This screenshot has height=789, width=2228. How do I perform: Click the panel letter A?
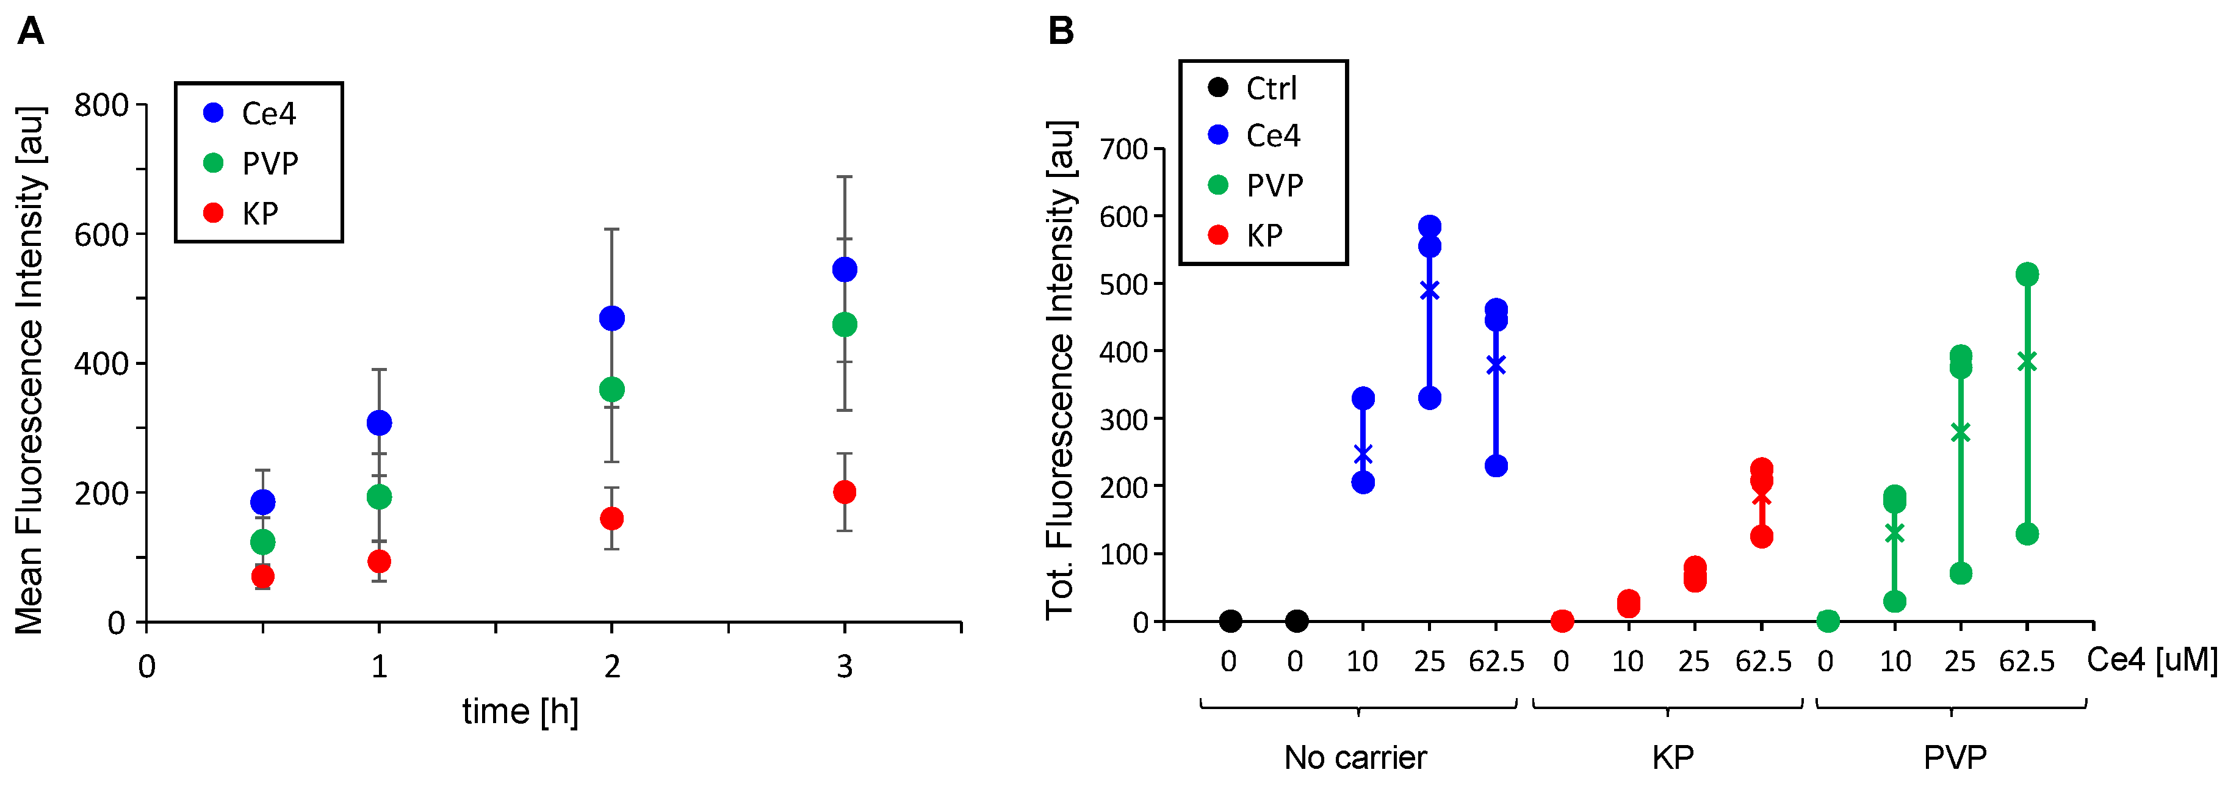tap(31, 32)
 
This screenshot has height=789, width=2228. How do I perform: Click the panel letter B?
tap(1061, 32)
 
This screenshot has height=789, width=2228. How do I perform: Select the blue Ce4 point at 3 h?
tap(844, 269)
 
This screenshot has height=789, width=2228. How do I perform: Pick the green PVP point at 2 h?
tap(611, 389)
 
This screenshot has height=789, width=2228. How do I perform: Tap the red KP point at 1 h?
tap(379, 561)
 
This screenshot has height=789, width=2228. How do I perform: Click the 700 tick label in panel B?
tap(1123, 149)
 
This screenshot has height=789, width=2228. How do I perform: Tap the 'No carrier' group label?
tap(1355, 758)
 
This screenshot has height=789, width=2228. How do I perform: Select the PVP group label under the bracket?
tap(1955, 758)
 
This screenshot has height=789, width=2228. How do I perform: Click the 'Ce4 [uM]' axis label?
tap(2152, 660)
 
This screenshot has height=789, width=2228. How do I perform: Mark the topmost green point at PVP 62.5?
tap(2027, 274)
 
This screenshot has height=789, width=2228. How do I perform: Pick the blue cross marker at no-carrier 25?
tap(1430, 290)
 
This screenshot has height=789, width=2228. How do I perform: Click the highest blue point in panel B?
tap(1430, 226)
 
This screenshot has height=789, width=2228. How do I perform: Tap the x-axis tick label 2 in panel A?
tap(611, 667)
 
